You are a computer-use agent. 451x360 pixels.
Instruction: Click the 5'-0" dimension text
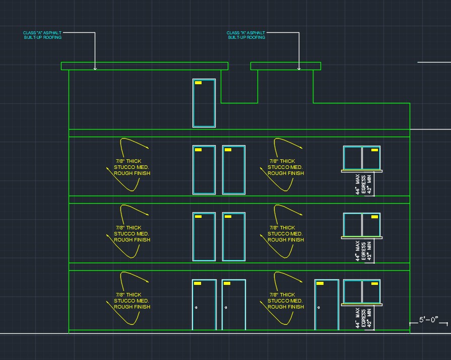point(428,320)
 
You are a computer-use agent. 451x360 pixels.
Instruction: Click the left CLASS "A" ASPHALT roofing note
point(42,35)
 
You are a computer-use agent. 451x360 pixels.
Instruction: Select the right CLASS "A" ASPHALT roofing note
point(246,35)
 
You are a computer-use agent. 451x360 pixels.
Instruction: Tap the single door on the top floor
point(204,103)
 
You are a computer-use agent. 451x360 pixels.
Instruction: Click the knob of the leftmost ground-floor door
point(196,308)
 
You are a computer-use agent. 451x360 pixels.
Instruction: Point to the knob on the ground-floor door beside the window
point(318,308)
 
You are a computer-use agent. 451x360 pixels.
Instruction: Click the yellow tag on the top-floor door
point(198,83)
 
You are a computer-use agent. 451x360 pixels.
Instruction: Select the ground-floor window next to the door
point(362,292)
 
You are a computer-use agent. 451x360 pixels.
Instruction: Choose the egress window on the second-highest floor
point(362,159)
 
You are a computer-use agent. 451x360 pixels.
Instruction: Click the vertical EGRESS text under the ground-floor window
point(363,318)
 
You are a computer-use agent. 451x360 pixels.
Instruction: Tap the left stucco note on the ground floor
point(132,301)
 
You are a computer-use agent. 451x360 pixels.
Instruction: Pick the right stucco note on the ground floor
point(286,301)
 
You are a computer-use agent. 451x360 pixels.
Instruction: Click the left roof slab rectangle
point(145,66)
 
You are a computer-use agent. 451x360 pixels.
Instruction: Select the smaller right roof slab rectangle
point(286,66)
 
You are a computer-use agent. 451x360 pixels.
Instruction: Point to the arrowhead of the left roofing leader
point(95,69)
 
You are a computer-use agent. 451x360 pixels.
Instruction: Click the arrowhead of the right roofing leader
point(299,69)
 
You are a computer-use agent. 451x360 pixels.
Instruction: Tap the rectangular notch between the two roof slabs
point(239,103)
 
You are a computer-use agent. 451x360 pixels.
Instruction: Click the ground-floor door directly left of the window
point(327,305)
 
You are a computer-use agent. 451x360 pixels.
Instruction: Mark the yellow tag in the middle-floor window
point(374,217)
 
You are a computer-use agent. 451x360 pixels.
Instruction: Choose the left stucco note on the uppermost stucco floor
point(132,167)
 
